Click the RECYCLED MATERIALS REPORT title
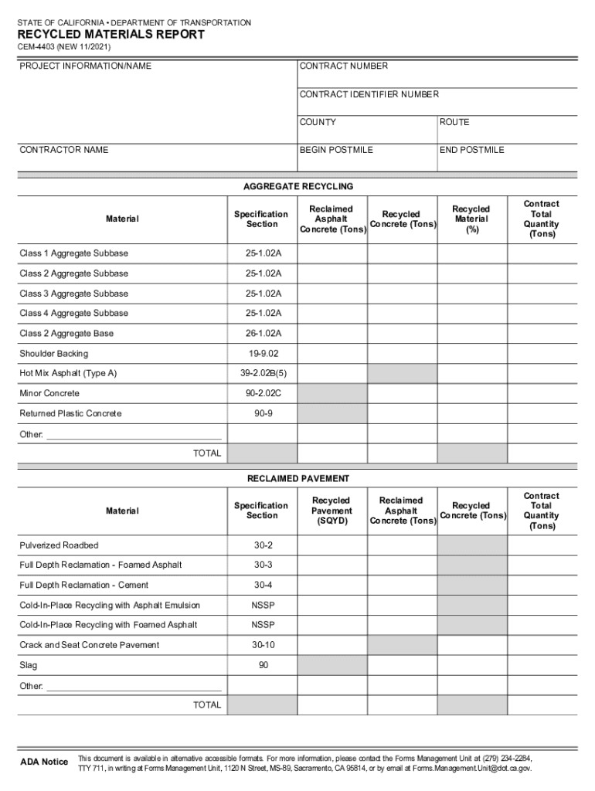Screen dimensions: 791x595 click(x=111, y=35)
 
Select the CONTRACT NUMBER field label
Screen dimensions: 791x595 click(x=343, y=66)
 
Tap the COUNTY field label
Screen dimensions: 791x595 click(x=318, y=122)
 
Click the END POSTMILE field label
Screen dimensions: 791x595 click(x=471, y=150)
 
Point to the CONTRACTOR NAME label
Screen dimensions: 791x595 click(x=63, y=150)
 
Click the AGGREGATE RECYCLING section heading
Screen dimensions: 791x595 click(x=297, y=187)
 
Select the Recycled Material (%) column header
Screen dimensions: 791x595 click(x=471, y=219)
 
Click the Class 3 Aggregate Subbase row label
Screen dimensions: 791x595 click(x=73, y=294)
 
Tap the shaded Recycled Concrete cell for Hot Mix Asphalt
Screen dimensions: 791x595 click(x=402, y=374)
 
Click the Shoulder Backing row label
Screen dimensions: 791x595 click(x=53, y=354)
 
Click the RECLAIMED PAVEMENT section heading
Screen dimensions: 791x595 click(x=297, y=479)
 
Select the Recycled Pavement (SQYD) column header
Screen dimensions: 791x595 click(x=331, y=511)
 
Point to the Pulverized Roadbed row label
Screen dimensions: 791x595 click(x=59, y=545)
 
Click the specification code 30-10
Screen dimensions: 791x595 click(x=263, y=645)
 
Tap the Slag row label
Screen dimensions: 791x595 click(x=28, y=665)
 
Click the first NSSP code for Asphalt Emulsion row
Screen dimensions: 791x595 click(x=263, y=605)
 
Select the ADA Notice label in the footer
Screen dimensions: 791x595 click(x=43, y=762)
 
